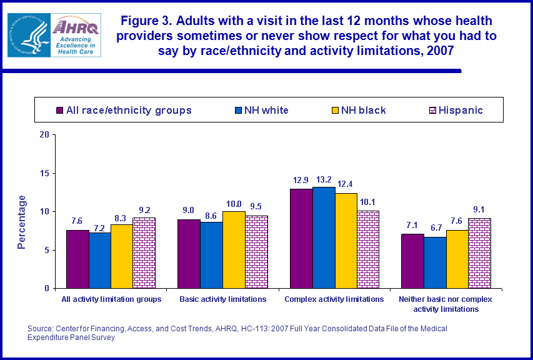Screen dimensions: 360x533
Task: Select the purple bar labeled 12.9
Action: [301, 238]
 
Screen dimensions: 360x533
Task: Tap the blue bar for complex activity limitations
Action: [324, 237]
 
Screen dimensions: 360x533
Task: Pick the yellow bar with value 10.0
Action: [234, 249]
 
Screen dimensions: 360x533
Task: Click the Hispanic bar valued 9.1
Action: [479, 253]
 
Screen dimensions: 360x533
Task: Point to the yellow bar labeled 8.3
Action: [122, 256]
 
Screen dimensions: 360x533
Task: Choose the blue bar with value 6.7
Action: [434, 262]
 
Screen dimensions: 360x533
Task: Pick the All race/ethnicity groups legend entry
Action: [123, 110]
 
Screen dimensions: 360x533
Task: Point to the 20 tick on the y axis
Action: [44, 134]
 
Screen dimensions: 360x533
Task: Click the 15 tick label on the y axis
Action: [44, 173]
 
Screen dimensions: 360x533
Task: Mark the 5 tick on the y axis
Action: [46, 250]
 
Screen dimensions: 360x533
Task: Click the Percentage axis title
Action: [22, 222]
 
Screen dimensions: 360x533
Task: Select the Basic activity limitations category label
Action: [223, 299]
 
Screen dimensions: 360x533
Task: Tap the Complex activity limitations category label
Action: [334, 299]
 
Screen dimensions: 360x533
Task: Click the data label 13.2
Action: [324, 180]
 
